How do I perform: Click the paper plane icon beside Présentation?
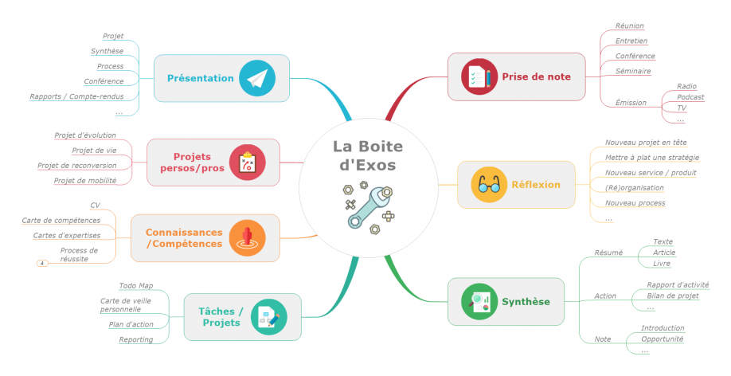pos(257,78)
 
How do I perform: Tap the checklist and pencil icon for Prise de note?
pos(479,76)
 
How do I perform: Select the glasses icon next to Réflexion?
pos(489,185)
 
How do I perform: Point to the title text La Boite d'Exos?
pos(368,155)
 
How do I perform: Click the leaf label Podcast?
pos(690,97)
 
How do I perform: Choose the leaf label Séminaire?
pos(633,71)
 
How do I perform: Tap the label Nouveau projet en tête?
pos(646,143)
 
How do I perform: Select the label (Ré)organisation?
pos(635,188)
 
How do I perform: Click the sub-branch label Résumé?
pos(608,253)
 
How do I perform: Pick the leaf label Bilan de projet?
pos(673,296)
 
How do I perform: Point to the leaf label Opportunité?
pos(662,339)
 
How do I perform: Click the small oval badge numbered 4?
pos(42,264)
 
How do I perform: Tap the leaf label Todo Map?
pos(135,285)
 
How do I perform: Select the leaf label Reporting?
pos(135,339)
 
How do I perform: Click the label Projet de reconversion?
pos(77,166)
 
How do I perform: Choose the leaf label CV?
pos(95,206)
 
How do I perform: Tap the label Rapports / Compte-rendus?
pos(77,96)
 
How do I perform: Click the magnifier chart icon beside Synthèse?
pos(479,302)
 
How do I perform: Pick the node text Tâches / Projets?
pos(221,317)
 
